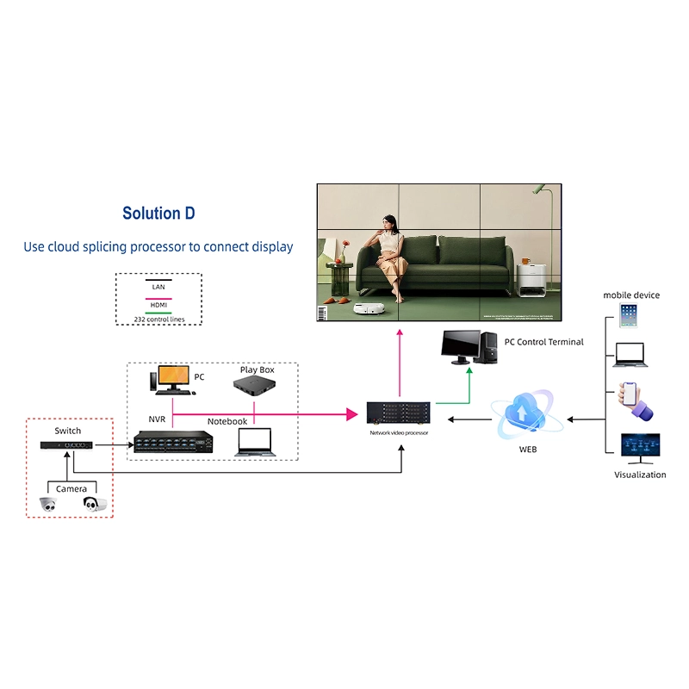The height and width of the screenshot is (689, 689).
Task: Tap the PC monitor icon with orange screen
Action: click(171, 378)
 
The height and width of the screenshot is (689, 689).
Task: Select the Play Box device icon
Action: click(255, 387)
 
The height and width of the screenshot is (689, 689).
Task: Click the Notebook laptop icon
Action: click(255, 441)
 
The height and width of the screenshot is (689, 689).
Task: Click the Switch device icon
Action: click(66, 445)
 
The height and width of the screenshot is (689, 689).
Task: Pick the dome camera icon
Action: click(48, 506)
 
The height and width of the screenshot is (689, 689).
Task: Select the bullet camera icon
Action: click(95, 505)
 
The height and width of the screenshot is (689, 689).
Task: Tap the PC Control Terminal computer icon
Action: click(469, 347)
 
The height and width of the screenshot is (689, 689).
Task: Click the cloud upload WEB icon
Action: click(526, 414)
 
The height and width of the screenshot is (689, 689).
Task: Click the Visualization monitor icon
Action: click(640, 450)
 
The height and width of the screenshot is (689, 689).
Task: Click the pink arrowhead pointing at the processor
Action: click(351, 414)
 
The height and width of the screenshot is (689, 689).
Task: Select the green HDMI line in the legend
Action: click(158, 312)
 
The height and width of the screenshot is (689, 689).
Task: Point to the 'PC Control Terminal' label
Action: click(543, 342)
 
